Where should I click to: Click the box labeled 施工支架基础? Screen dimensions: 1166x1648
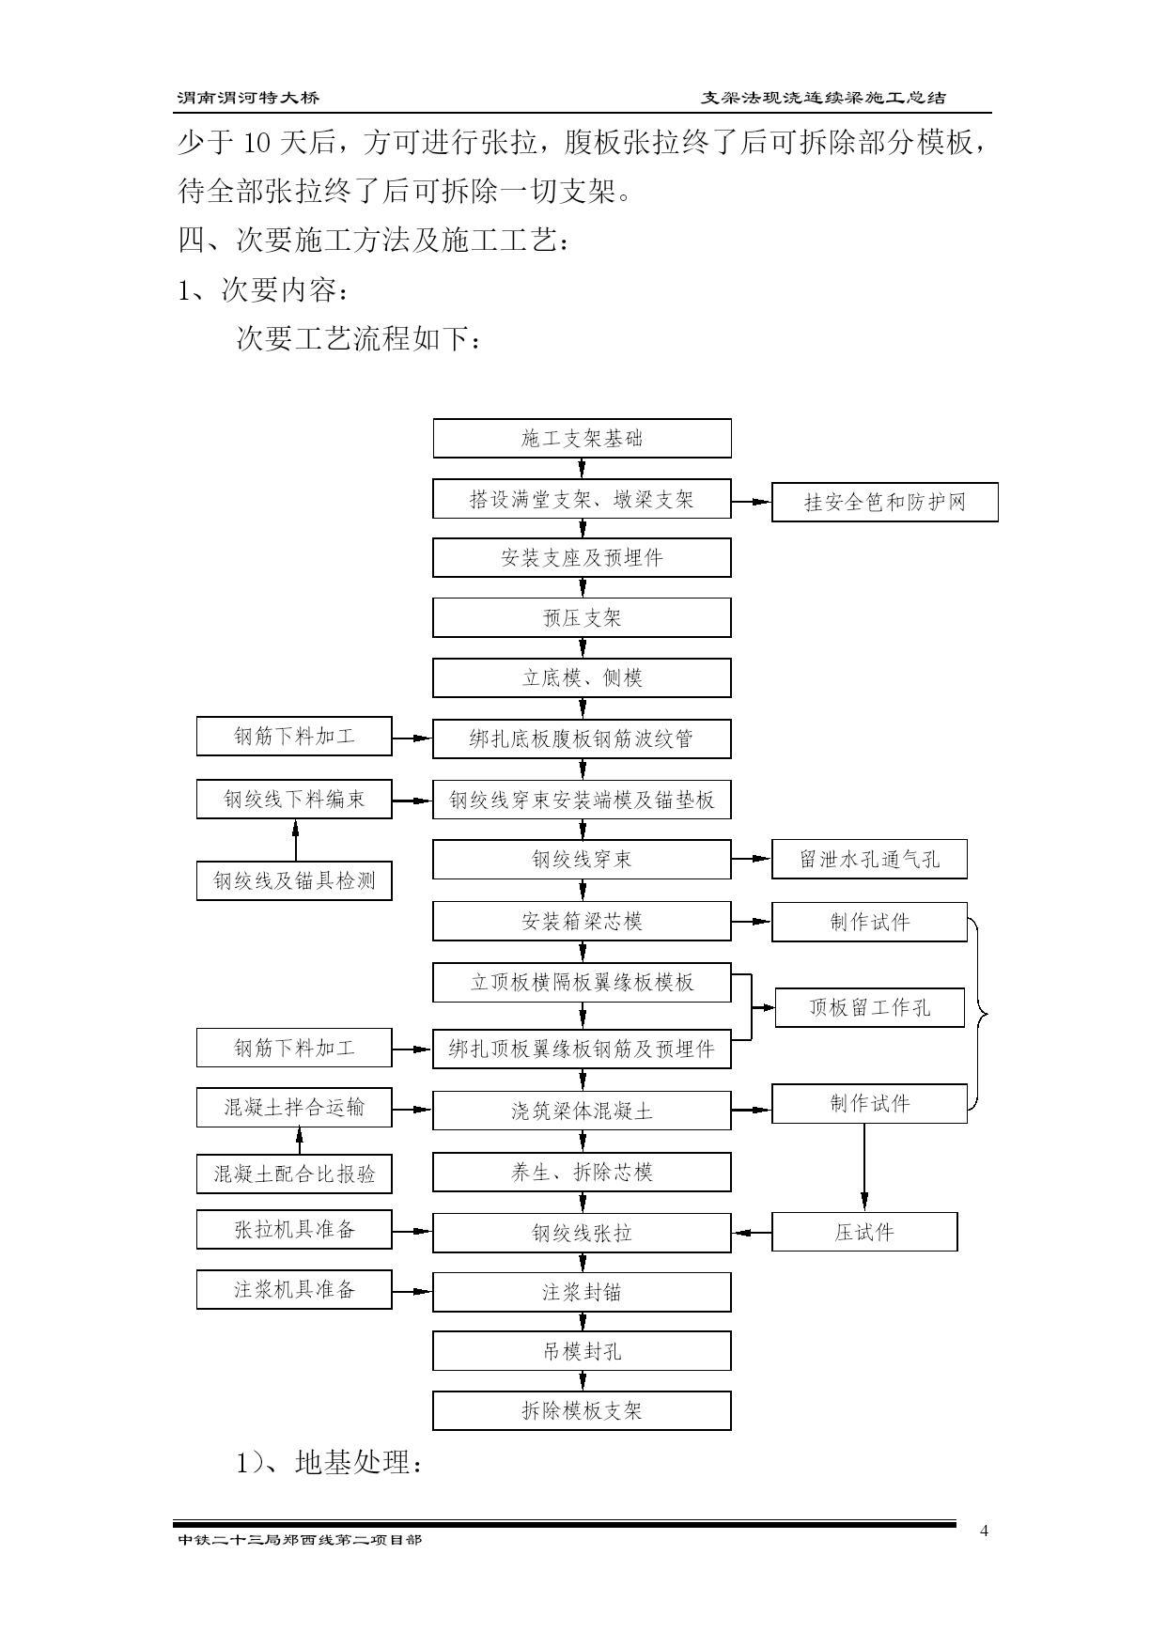582,439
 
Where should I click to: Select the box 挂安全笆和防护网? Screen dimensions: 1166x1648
884,503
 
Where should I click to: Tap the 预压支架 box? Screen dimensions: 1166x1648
582,618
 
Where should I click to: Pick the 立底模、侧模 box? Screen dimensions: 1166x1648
582,678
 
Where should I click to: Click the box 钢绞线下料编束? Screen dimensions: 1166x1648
294,800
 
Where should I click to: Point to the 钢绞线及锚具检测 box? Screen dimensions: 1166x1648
294,881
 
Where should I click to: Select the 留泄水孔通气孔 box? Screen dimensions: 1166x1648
869,860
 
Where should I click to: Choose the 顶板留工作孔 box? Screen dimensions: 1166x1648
869,1008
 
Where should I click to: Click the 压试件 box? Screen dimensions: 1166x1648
864,1232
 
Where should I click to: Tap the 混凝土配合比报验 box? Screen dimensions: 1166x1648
294,1174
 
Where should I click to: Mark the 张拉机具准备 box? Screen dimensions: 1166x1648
294,1230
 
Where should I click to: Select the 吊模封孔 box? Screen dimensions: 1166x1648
582,1352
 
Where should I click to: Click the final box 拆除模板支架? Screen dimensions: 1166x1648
582,1411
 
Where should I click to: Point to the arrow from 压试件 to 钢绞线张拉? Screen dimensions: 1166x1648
752,1233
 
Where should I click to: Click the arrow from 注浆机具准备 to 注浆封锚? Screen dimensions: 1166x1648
412,1292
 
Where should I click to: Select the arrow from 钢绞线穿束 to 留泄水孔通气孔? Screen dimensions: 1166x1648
752,859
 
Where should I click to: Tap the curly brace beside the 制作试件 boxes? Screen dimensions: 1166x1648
982,1013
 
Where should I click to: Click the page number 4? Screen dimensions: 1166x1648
984,1531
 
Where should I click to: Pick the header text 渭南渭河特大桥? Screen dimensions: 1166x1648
248,98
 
